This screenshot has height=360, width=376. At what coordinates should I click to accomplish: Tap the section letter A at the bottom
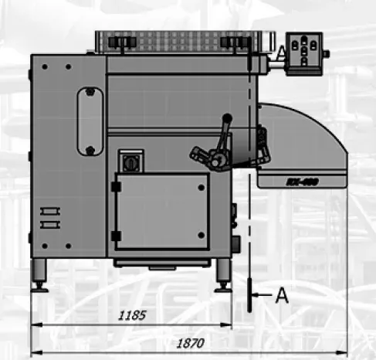click(x=283, y=294)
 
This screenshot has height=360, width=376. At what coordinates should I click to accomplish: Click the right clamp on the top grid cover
click(x=233, y=41)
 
